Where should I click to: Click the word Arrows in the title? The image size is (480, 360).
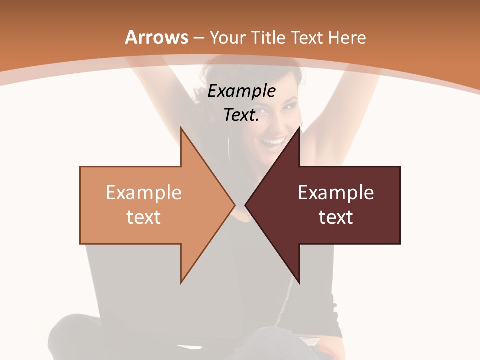(157, 37)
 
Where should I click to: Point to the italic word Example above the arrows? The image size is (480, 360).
(241, 91)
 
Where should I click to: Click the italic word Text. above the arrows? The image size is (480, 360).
(241, 115)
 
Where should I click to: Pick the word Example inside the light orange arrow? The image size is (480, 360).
(143, 193)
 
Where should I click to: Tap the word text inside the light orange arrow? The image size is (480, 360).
(143, 217)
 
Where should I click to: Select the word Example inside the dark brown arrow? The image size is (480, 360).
(336, 193)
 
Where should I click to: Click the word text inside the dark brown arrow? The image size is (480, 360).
(336, 217)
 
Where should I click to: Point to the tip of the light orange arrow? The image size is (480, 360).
(234, 205)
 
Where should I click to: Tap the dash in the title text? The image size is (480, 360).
(198, 38)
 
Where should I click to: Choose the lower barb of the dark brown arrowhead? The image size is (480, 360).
(299, 281)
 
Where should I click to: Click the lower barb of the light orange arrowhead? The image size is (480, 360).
(182, 281)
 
